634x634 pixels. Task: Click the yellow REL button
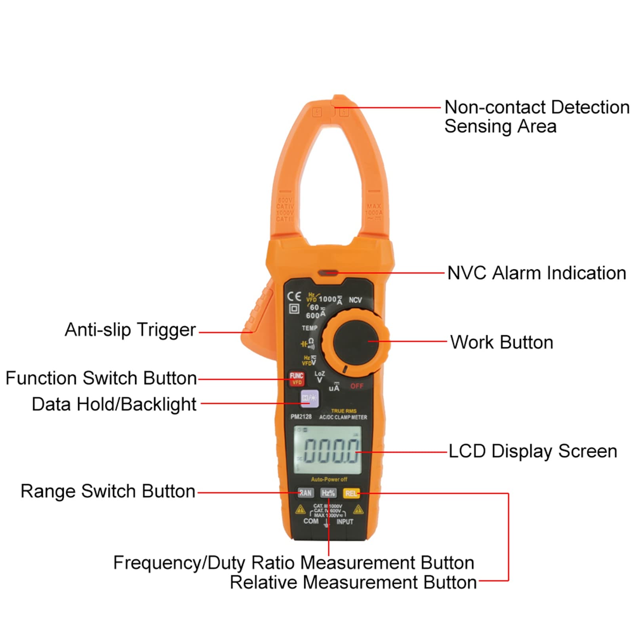(x=351, y=493)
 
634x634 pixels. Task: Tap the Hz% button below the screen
(x=328, y=493)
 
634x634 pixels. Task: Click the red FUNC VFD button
(x=297, y=379)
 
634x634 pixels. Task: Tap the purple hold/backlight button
(x=310, y=398)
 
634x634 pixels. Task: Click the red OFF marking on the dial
(x=356, y=386)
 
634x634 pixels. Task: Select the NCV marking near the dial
(x=355, y=300)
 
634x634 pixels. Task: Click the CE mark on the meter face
(x=294, y=297)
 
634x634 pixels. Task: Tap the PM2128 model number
(x=301, y=417)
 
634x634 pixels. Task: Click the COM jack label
(x=311, y=521)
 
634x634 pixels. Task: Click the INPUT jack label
(x=345, y=522)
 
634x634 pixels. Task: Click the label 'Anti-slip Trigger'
(x=130, y=330)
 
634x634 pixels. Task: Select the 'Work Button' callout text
(x=501, y=342)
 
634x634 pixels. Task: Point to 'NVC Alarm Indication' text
(x=537, y=273)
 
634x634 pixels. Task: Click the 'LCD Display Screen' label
(x=533, y=451)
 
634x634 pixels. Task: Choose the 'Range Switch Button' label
(x=108, y=491)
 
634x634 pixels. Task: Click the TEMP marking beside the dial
(x=310, y=328)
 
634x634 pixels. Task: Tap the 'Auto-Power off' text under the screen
(x=329, y=479)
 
